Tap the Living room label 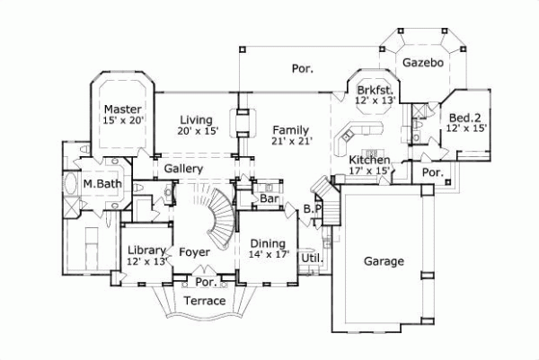[195, 119]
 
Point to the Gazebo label [420, 64]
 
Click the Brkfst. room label [372, 90]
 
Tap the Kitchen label [369, 160]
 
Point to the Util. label [311, 258]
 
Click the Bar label [266, 198]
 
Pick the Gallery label [182, 169]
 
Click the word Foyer [194, 252]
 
